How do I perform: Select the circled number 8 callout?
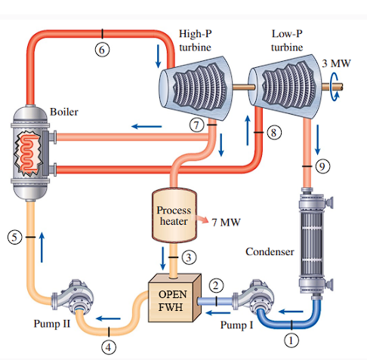[273, 132]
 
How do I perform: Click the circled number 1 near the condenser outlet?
[288, 340]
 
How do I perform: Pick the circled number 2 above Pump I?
[216, 285]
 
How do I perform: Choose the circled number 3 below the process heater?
[191, 258]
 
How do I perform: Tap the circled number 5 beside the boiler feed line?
[13, 237]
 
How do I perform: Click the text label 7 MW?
[226, 225]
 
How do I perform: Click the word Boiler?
[63, 112]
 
